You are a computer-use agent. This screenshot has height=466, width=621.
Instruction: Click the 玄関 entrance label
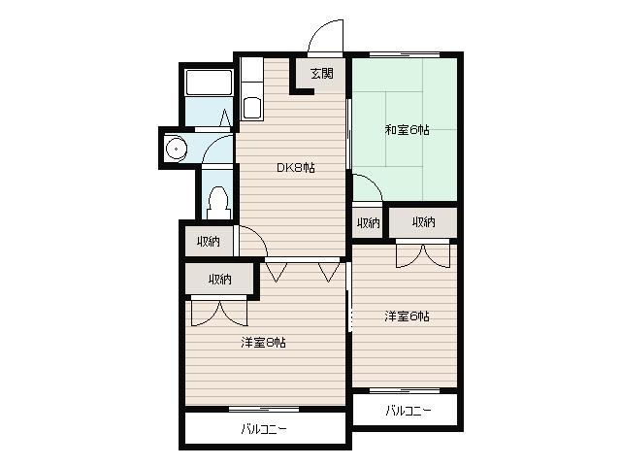[x=322, y=74]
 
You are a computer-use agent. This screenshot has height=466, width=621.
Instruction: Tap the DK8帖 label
[x=295, y=168]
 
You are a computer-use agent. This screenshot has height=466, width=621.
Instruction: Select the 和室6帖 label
[x=408, y=130]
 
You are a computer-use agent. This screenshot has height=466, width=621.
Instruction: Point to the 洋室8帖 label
[x=263, y=343]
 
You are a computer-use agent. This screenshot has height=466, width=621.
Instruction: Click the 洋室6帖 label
[x=407, y=316]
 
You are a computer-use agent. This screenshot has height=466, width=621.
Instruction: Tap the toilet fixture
[x=218, y=203]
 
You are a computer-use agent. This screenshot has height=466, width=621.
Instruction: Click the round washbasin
[x=176, y=149]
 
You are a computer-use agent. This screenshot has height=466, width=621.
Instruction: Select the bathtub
[x=209, y=83]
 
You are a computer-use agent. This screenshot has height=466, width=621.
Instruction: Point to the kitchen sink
[x=252, y=108]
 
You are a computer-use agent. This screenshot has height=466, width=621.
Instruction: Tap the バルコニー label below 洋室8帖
[x=263, y=429]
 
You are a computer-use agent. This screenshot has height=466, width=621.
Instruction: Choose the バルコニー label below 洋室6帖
[x=408, y=410]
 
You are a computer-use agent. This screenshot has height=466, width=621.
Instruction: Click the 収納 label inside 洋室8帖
[x=220, y=280]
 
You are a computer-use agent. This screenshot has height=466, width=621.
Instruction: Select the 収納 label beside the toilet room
[x=209, y=241]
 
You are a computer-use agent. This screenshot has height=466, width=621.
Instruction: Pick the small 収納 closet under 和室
[x=369, y=223]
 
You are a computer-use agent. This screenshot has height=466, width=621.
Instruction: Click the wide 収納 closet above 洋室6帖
[x=423, y=222]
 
